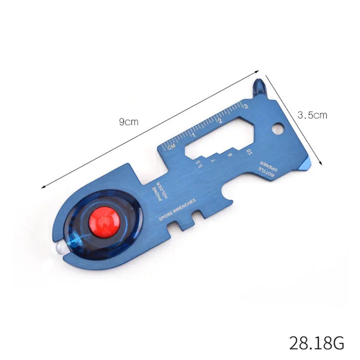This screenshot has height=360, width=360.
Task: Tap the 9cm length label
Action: [x=129, y=121]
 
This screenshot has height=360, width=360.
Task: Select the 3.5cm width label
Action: [x=312, y=115]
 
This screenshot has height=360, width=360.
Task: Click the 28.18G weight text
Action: [x=316, y=343]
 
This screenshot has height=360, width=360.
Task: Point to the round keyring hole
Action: [x=277, y=129]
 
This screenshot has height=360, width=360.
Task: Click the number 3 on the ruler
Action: [x=246, y=105]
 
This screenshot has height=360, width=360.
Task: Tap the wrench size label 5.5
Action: [x=198, y=164]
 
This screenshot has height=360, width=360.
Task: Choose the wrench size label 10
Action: [x=249, y=152]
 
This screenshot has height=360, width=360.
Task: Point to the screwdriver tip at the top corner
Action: [x=260, y=85]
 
